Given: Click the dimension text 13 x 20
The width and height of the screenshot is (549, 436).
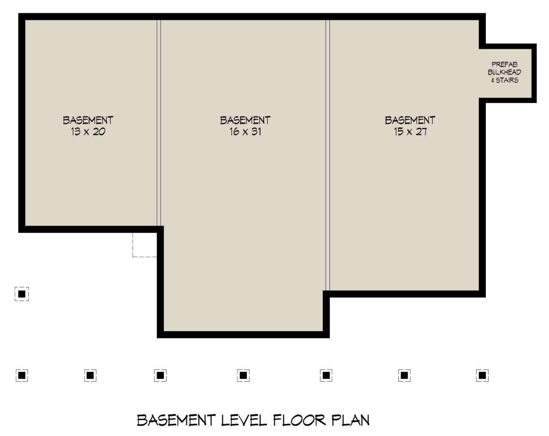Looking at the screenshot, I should click(88, 132).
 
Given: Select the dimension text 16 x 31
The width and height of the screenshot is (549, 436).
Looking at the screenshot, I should click(245, 132).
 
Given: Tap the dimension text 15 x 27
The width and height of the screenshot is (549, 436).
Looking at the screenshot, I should click(409, 132).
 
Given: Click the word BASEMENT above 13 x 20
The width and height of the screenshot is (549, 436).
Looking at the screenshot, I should click(88, 120).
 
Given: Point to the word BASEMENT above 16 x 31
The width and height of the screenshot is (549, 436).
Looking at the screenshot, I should click(245, 120).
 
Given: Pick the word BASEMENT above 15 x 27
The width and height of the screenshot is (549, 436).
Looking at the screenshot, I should click(409, 120).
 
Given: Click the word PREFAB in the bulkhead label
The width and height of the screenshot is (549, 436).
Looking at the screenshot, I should click(505, 65).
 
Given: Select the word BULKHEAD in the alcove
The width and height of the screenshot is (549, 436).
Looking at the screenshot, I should click(505, 72).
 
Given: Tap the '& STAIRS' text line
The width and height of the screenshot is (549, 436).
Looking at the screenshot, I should click(505, 80).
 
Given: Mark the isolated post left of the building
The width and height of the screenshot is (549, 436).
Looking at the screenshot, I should click(22, 294).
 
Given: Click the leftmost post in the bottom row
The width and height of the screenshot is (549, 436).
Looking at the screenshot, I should click(22, 376).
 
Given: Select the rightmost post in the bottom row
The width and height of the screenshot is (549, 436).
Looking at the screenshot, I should click(482, 376).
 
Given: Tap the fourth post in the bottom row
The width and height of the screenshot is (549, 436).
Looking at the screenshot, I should click(243, 376).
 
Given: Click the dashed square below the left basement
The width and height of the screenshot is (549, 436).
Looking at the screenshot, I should click(145, 244).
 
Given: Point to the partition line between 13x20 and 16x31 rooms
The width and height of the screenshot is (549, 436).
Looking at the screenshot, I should click(159, 124).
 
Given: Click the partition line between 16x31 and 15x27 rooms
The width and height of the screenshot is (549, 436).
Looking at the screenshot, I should click(328, 156).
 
